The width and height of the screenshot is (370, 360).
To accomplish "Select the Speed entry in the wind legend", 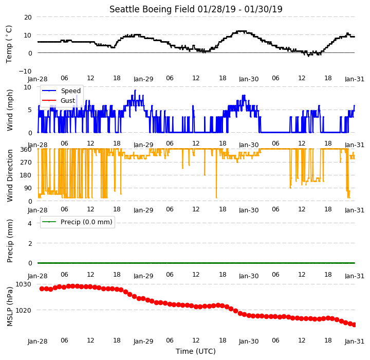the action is tap(61, 91).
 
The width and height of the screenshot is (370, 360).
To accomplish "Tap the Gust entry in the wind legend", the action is tap(59, 101).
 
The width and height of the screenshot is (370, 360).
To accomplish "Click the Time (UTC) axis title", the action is tap(196, 351).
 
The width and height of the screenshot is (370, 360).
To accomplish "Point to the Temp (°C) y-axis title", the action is tap(9, 44).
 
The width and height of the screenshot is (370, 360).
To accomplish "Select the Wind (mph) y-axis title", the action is tap(10, 110).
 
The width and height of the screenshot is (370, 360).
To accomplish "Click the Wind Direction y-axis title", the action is tap(10, 175).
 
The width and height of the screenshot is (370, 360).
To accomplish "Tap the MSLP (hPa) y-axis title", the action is tap(10, 307).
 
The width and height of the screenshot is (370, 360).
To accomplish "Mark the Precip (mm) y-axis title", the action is tap(10, 241).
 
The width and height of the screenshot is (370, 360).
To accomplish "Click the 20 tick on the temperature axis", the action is tap(28, 17).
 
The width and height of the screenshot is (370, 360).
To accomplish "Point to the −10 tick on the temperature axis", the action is tap(25, 71).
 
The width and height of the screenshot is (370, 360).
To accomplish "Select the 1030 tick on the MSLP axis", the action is tap(23, 284).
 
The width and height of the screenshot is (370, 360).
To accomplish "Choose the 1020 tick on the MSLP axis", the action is tap(23, 310).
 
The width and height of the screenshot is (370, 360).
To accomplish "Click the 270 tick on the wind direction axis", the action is tap(26, 163).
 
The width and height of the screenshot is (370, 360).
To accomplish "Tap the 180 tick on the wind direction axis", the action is tap(26, 175).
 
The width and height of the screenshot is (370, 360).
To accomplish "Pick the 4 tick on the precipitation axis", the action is tap(30, 223).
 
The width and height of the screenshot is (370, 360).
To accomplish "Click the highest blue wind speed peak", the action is tap(135, 90).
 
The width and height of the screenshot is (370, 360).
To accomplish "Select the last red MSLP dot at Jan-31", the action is tap(354, 325).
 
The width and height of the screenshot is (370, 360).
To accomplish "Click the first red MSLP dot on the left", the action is tap(42, 289).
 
